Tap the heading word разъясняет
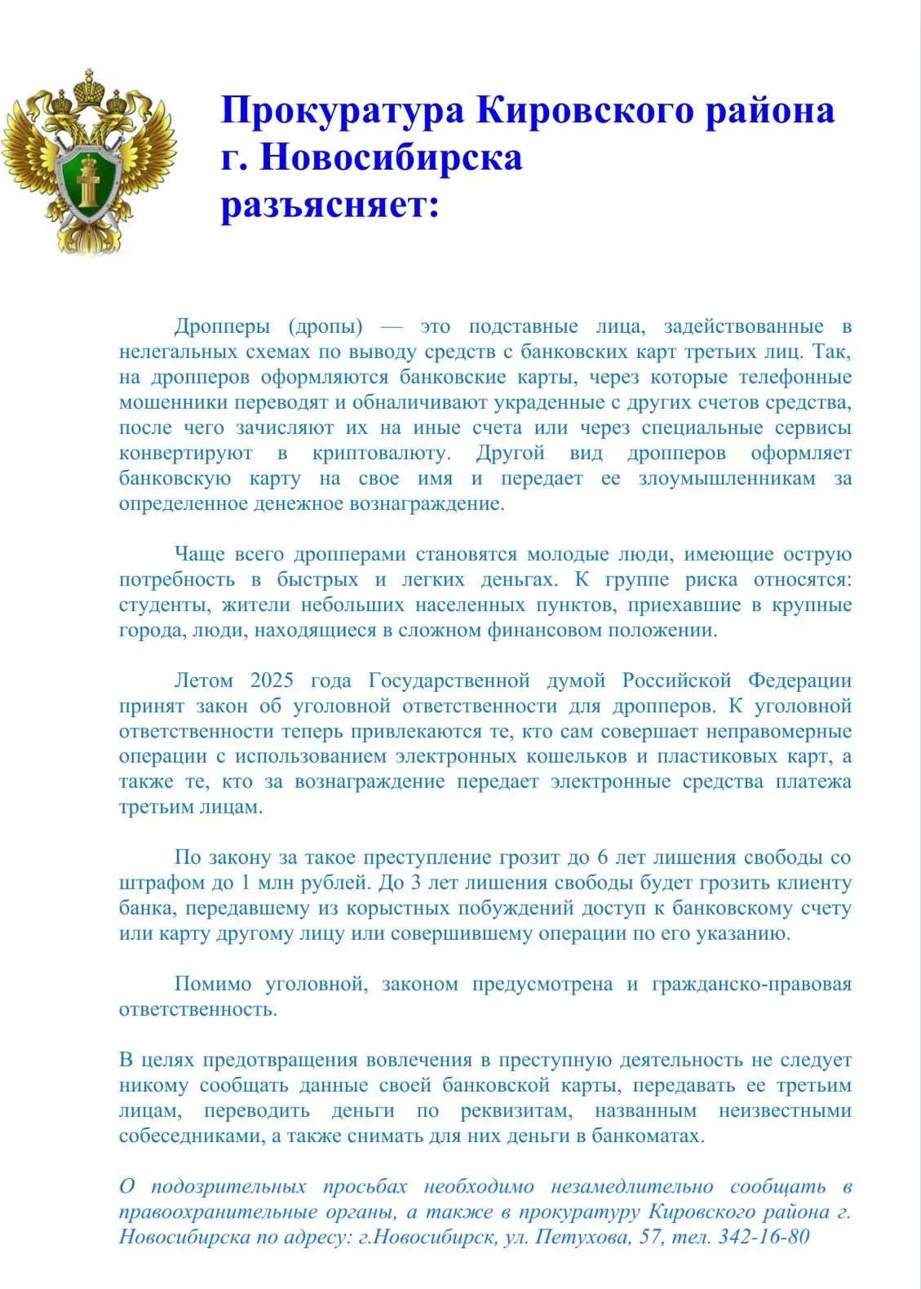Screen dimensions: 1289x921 [x=329, y=205]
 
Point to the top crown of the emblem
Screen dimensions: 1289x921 [x=87, y=84]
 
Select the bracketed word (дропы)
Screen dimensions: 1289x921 [x=325, y=327]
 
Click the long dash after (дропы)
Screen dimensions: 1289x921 [x=392, y=327]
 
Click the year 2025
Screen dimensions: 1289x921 [x=272, y=681]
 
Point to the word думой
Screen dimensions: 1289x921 [x=576, y=681]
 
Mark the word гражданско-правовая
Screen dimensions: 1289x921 [x=751, y=985]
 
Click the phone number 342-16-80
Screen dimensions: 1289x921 [x=764, y=1238]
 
